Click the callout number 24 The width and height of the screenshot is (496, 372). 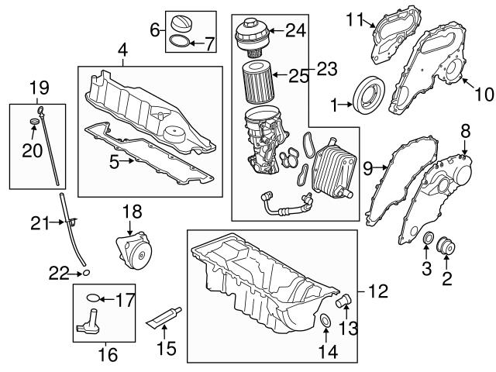coord(294,31)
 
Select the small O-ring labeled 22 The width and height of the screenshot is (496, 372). coord(87,273)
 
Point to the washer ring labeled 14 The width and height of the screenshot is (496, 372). coord(325,322)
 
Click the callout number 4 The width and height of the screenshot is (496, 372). coord(122,51)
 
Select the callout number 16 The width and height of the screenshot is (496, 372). coord(108,355)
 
